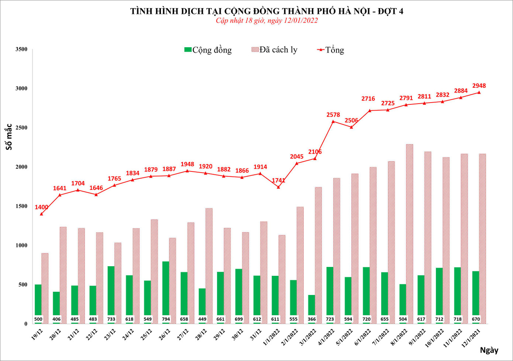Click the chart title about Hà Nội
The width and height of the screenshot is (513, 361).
click(266, 11)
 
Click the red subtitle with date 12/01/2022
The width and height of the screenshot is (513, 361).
click(266, 21)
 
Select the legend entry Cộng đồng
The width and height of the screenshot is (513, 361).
click(208, 50)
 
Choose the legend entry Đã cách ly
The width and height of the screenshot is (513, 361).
click(274, 50)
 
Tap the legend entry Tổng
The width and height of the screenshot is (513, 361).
click(331, 50)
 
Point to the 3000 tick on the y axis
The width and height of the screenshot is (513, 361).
click(21, 88)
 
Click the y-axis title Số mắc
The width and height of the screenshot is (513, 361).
click(9, 137)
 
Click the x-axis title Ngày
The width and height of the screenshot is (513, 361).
click(489, 350)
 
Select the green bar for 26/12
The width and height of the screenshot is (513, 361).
click(166, 289)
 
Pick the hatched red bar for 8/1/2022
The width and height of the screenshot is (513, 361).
click(410, 232)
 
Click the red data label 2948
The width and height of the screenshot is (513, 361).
click(479, 86)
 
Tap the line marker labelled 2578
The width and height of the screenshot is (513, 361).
click(333, 121)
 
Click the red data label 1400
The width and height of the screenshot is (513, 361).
click(41, 207)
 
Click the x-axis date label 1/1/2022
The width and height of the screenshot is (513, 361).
click(271, 337)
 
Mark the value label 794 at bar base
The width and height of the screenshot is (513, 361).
click(166, 319)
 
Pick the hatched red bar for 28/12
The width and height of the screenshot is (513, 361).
click(209, 265)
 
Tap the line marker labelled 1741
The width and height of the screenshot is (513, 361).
click(278, 187)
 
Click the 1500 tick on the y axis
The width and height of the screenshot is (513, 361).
click(21, 206)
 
